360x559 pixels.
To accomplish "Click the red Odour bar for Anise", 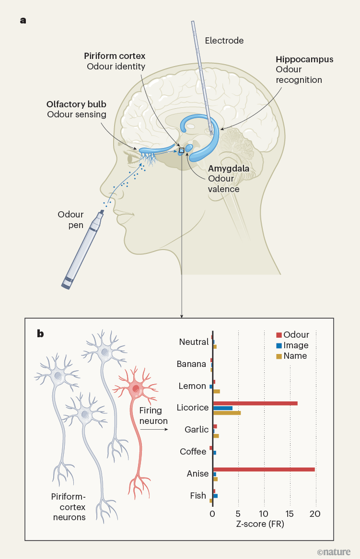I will (x=264, y=469).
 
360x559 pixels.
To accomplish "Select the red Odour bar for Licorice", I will (x=255, y=403).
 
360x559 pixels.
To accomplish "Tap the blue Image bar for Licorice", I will (x=223, y=408).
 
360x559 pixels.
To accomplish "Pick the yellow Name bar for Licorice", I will (x=227, y=413).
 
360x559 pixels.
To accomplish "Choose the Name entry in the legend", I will (x=295, y=356).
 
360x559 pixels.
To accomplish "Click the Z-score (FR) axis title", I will (x=260, y=524).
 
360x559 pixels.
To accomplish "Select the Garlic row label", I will (x=197, y=430).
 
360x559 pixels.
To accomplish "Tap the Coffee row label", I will (x=193, y=452).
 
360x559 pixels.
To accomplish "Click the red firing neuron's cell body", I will (x=137, y=388).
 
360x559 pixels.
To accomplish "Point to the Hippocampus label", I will (x=304, y=60).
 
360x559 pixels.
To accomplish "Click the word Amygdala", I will (x=228, y=169).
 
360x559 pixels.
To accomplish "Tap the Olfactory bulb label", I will (x=76, y=104).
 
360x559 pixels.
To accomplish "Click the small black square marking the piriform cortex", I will (x=181, y=150).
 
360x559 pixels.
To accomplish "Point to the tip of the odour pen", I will (x=103, y=213).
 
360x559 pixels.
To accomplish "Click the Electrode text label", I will (x=224, y=41).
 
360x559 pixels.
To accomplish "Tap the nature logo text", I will (x=334, y=552).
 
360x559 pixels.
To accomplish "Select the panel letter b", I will (x=40, y=333).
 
